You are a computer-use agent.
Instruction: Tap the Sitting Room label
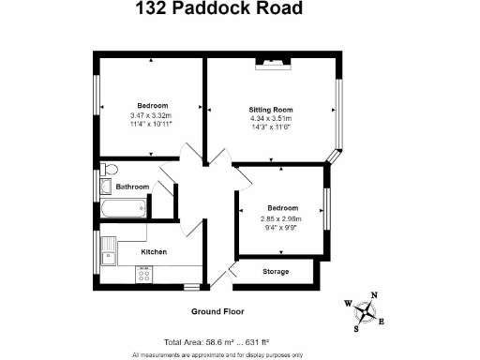click(271, 110)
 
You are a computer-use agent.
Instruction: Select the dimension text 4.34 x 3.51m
click(271, 118)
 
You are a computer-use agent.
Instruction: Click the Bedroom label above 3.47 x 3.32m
click(152, 105)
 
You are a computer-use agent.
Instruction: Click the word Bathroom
click(132, 187)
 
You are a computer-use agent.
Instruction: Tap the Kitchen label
click(154, 251)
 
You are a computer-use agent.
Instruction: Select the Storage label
click(275, 272)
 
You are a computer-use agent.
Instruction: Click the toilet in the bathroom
click(110, 170)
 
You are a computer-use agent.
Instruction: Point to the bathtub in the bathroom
click(124, 208)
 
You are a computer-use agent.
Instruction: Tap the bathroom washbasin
click(105, 186)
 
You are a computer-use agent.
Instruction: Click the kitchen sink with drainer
click(109, 250)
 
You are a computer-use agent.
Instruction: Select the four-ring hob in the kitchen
click(144, 275)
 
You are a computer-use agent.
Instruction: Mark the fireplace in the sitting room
click(273, 62)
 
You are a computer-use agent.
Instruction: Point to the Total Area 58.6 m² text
click(223, 342)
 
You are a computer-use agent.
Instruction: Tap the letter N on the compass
click(375, 296)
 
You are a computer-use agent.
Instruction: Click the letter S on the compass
click(355, 329)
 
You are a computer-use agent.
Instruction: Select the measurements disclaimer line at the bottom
click(217, 355)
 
